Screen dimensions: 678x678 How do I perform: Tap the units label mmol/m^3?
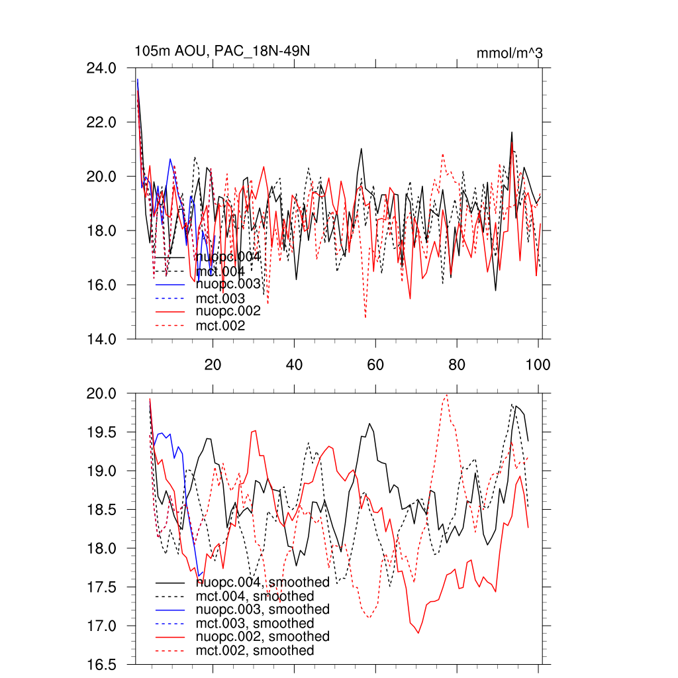tap(509, 53)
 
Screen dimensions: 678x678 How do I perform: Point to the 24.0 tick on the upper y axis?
tap(102, 68)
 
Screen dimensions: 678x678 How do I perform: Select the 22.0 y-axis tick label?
tap(102, 122)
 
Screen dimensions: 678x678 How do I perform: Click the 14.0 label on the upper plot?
tap(102, 339)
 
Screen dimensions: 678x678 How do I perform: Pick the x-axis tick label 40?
tap(294, 364)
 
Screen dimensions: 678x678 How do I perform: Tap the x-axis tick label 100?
tap(538, 364)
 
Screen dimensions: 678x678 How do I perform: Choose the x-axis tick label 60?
tap(375, 364)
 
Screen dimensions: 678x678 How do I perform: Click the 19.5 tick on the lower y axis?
tap(102, 432)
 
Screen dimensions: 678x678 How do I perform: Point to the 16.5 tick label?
tap(102, 664)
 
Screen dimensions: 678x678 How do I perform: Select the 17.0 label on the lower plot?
tap(102, 626)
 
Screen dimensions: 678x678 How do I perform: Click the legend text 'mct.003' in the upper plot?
tap(220, 299)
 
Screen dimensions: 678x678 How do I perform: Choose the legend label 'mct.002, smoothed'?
tap(255, 651)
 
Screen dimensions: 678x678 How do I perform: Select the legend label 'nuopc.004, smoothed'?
tap(263, 583)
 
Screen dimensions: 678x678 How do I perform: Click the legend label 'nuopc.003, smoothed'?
tap(263, 610)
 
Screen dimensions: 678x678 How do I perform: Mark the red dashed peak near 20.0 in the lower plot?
tap(447, 395)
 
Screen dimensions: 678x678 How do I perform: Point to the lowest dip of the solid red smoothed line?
tap(418, 633)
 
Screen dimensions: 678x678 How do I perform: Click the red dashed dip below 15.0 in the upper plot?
tap(365, 318)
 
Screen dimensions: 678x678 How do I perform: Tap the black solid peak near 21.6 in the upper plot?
tap(512, 132)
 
